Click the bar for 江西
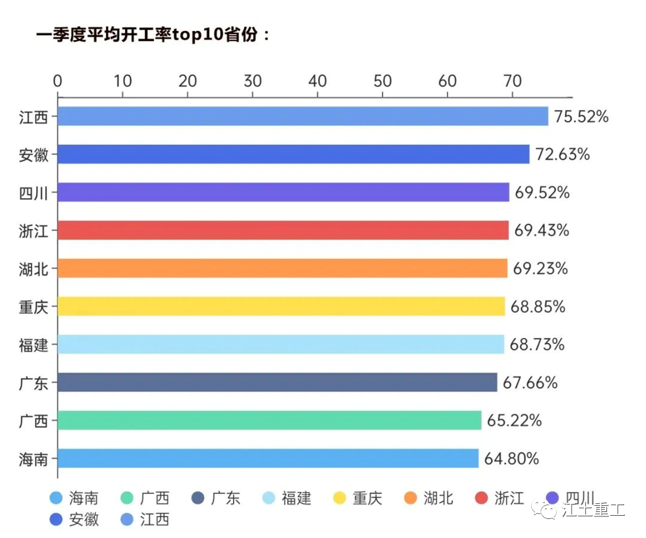[x=303, y=116]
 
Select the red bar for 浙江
[x=283, y=230]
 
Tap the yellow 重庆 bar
[x=281, y=306]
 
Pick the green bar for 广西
[x=269, y=420]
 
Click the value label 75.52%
[x=582, y=116]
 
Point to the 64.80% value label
[x=511, y=459]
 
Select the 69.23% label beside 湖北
[x=540, y=269]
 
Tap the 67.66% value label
[x=530, y=383]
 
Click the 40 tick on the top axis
[x=317, y=81]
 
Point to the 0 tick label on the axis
[x=58, y=81]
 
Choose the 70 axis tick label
[x=512, y=81]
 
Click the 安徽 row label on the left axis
[x=33, y=154]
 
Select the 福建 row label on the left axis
[x=33, y=344]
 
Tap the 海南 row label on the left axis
[x=33, y=459]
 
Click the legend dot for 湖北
[x=410, y=498]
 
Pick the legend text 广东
[x=225, y=498]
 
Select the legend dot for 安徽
[x=56, y=519]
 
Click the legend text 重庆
[x=368, y=498]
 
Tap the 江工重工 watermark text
[x=593, y=511]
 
